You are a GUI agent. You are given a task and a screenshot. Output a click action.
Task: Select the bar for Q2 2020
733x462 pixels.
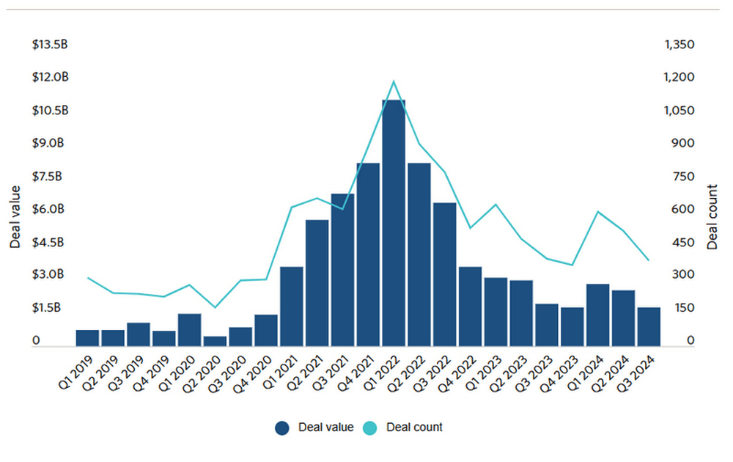point(215,340)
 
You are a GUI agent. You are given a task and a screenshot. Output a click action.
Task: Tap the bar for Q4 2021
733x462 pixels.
point(368,254)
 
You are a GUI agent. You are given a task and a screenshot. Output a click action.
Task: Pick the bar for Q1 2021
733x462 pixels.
point(292,306)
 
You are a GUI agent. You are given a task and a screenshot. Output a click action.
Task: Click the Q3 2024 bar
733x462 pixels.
point(649,326)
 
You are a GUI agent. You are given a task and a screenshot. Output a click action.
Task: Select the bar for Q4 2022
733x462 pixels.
point(470,306)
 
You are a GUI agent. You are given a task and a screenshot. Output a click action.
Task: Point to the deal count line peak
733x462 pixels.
point(394,81)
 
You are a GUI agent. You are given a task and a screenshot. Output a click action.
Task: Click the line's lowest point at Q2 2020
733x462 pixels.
point(215,307)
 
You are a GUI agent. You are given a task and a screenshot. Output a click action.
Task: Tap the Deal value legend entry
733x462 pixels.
point(315,428)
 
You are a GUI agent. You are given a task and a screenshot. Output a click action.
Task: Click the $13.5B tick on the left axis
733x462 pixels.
point(50,45)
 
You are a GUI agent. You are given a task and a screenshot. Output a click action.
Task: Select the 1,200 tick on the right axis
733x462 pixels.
point(678,78)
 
